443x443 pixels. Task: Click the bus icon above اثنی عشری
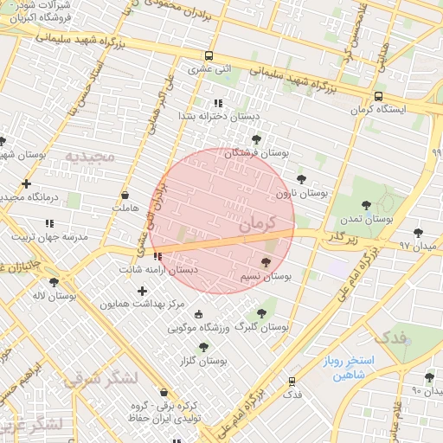click(208, 55)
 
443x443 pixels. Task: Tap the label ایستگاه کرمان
click(378, 110)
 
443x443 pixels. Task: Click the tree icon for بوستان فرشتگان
click(256, 139)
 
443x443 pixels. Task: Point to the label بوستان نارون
click(302, 194)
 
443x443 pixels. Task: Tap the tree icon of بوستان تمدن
click(366, 205)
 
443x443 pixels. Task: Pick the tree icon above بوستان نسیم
click(266, 262)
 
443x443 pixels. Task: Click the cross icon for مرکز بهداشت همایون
click(142, 292)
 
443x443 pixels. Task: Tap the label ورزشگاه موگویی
click(199, 328)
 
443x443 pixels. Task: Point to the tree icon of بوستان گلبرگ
click(262, 313)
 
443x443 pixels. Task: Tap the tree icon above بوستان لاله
click(55, 282)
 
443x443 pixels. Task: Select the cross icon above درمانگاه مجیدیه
click(27, 183)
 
